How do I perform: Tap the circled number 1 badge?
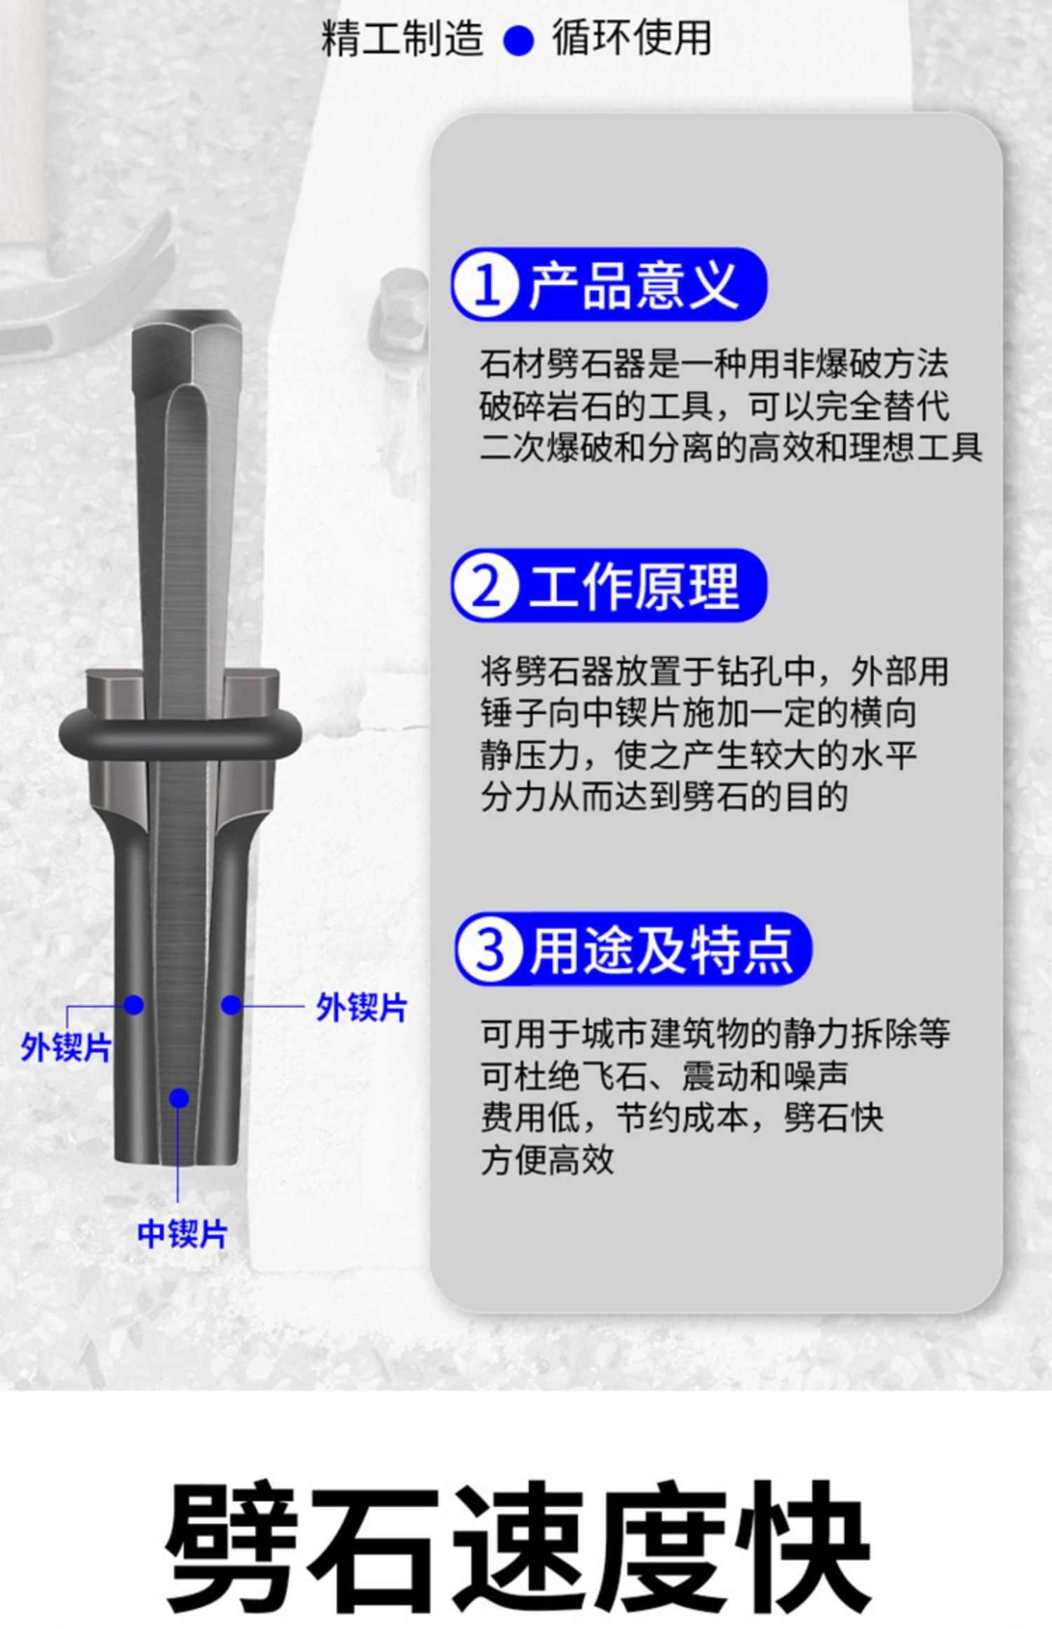click(x=486, y=286)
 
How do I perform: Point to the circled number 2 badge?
click(x=486, y=586)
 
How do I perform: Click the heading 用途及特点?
click(x=660, y=950)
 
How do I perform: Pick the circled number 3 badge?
click(x=490, y=950)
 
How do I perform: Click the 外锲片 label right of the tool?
click(x=361, y=1008)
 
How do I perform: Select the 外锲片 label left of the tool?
click(x=66, y=1048)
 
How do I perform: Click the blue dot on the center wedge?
click(x=180, y=1098)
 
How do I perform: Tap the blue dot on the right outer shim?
click(x=231, y=1005)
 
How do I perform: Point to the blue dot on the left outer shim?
click(x=133, y=1005)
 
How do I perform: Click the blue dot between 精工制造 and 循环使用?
click(x=518, y=40)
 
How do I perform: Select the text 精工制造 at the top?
click(x=402, y=38)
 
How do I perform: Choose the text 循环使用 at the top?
click(x=631, y=38)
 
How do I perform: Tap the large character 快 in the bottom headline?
click(x=807, y=1538)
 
